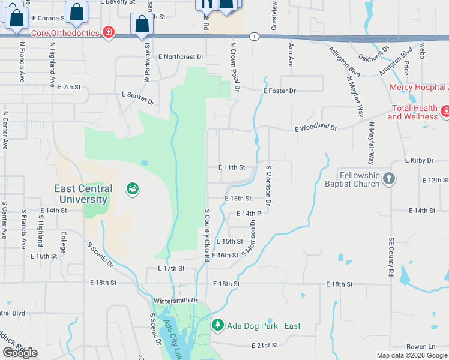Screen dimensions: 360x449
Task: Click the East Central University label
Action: point(81,194)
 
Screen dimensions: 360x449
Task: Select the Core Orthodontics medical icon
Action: point(109,32)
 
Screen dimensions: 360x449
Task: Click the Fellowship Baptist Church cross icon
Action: point(389,178)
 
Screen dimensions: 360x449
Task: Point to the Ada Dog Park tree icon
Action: point(218,326)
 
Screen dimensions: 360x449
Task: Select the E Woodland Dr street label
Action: point(316,128)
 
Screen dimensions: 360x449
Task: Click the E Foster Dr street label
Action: point(279,91)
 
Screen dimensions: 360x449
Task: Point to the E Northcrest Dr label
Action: point(181,57)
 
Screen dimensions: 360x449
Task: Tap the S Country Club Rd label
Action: point(206,235)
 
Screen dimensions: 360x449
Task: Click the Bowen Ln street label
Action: point(420,347)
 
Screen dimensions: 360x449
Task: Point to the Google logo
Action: point(20,353)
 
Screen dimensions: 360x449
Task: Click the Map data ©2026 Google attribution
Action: point(412,355)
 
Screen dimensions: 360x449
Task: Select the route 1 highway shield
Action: point(255,37)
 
